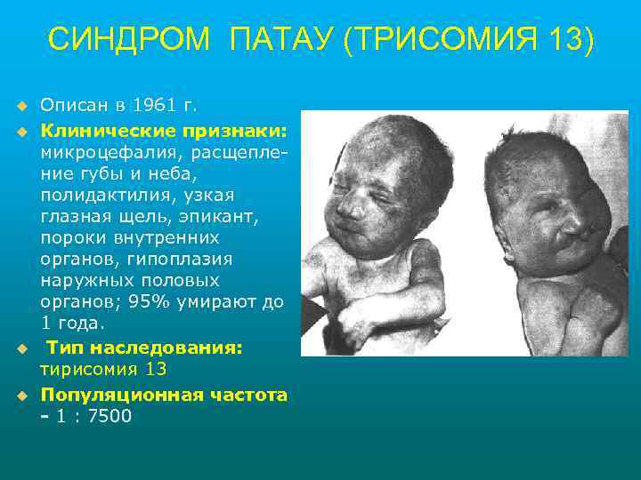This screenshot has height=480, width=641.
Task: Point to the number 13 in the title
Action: pos(566,40)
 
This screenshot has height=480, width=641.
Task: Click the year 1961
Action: pos(155,107)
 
